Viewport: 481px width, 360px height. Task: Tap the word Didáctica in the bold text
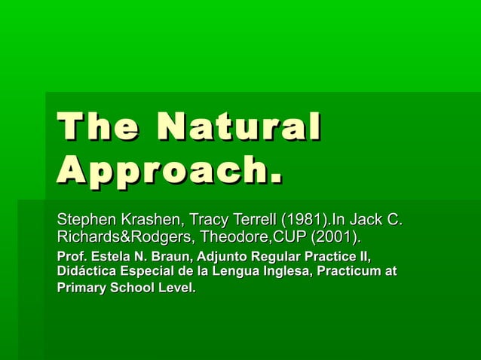click(x=84, y=272)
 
